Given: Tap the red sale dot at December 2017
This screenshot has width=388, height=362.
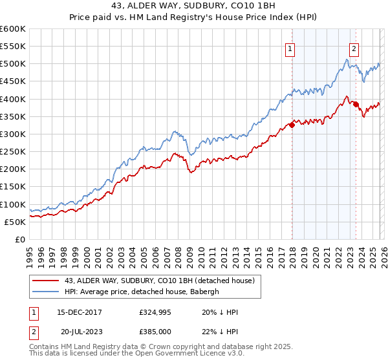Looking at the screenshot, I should [292, 125].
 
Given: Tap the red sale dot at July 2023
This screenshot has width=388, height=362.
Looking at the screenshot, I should [356, 104].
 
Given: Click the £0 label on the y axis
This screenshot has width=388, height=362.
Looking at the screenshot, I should [20, 239].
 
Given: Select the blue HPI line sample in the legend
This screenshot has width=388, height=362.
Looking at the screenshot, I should [46, 292].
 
